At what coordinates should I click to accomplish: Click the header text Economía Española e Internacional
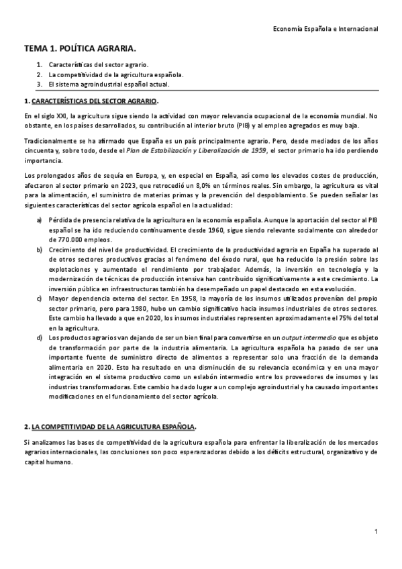coord(327,29)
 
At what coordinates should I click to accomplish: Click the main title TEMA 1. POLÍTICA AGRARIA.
coord(81,49)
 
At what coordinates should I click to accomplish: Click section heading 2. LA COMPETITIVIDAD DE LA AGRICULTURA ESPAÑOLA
coord(110,427)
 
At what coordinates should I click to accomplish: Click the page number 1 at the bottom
coord(376,532)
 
